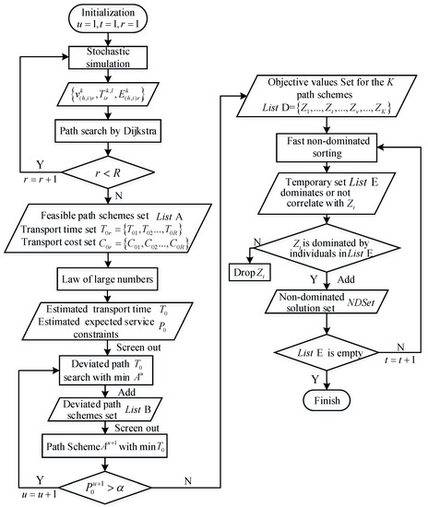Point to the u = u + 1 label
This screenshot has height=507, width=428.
point(36,493)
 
